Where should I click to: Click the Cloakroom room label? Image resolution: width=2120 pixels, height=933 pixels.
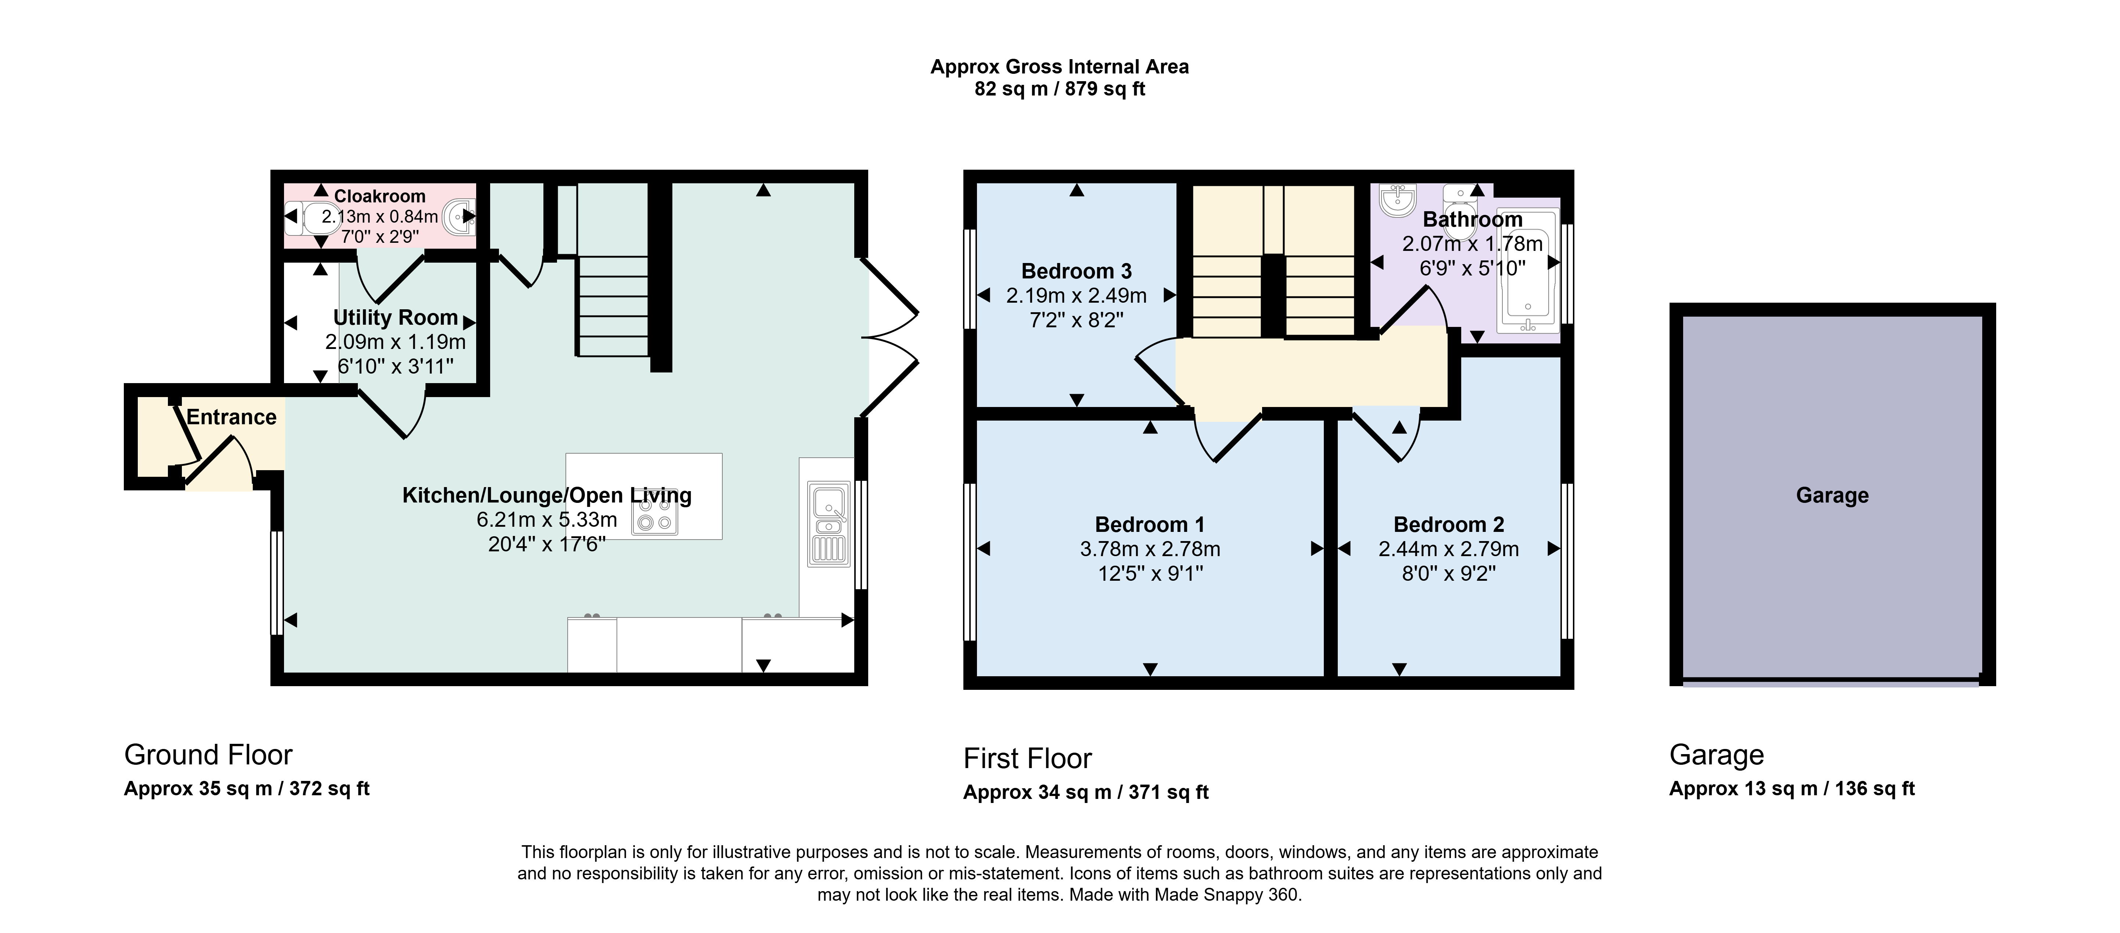pos(380,196)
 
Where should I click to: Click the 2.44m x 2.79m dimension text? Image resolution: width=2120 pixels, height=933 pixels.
pos(1448,549)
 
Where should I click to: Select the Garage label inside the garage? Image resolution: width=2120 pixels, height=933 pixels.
pos(1832,495)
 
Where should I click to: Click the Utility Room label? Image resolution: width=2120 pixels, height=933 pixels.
pos(395,318)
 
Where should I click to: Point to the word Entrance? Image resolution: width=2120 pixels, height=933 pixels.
pos(231,417)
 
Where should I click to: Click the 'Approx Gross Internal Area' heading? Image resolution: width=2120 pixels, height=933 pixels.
pos(1059,66)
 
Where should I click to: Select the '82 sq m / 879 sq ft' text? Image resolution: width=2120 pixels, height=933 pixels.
pos(1059,89)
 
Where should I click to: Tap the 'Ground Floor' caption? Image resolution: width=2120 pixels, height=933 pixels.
pos(208,754)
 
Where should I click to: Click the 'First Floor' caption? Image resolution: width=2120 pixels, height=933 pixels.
pos(1027,758)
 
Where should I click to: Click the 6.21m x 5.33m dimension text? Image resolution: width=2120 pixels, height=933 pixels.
pos(546,519)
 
